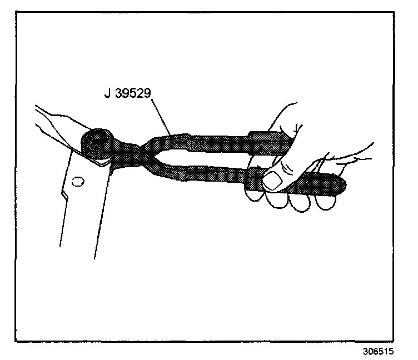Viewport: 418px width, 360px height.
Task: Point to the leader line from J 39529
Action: point(161,117)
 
